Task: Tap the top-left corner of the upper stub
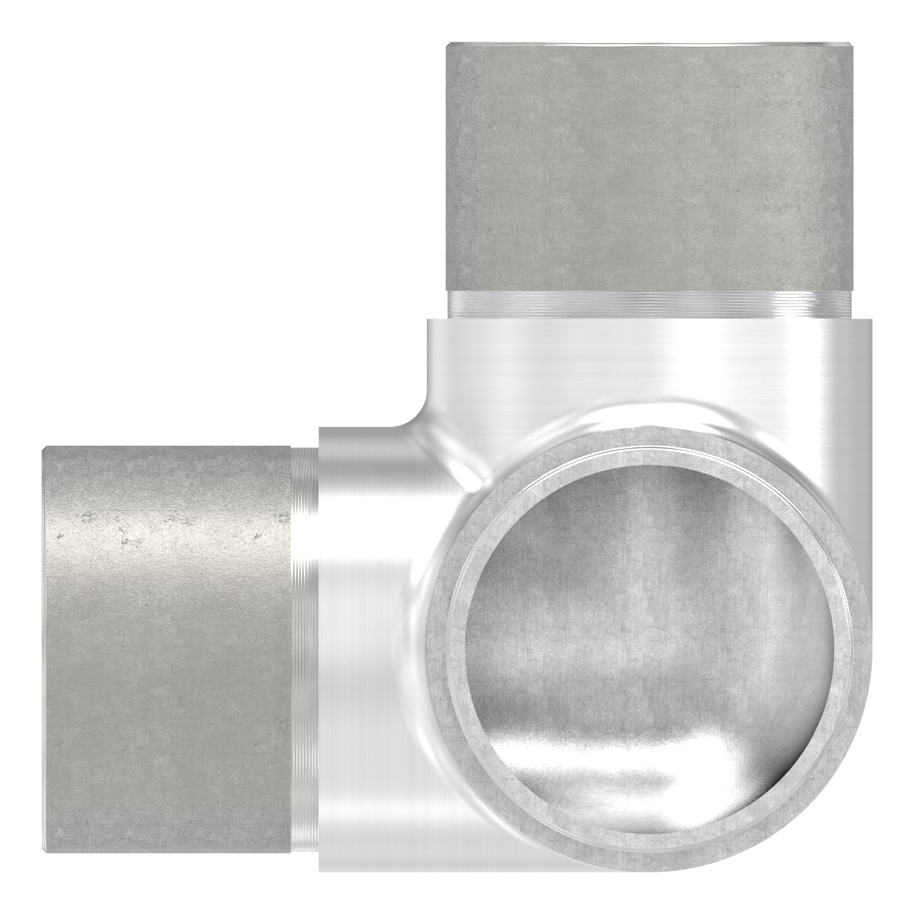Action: [447, 47]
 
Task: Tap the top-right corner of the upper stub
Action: [855, 47]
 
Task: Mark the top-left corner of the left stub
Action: [46, 448]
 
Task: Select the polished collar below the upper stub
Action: [645, 359]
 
